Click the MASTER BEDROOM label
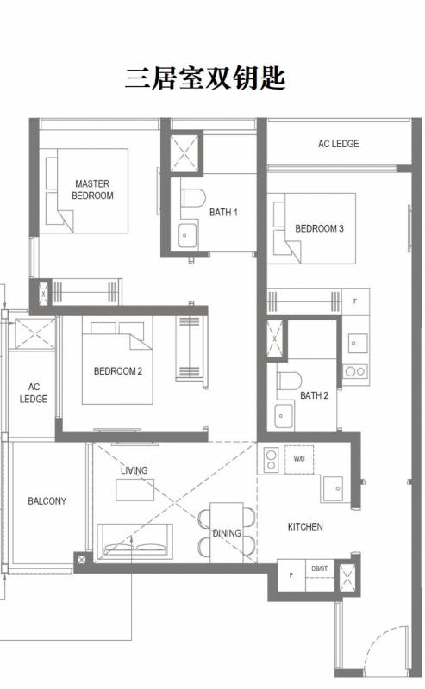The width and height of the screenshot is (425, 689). pos(92,189)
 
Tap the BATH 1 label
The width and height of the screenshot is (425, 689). pos(223,212)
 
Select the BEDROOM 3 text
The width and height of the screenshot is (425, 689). pos(320,228)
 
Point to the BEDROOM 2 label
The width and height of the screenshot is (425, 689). pos(118,371)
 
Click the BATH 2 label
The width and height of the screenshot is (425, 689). pos(314,395)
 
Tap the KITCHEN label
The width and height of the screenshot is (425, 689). pos(305,526)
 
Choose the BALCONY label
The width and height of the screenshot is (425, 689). pos(47,501)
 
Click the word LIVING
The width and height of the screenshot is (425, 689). pos(134,470)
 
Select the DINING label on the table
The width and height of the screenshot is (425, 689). pos(227,533)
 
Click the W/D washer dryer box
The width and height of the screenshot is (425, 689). pos(299,460)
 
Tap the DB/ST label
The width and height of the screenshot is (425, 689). pos(320,568)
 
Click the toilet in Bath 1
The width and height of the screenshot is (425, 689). pos(193,198)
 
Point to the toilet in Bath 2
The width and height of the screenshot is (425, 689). pos(289,381)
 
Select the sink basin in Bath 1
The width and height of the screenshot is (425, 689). pos(187,235)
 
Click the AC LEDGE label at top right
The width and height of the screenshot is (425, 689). pos(338,144)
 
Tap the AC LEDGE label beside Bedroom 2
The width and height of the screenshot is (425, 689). pos(34,393)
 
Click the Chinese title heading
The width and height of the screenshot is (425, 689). pos(205,78)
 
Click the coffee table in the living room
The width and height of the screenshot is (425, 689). pos(135,490)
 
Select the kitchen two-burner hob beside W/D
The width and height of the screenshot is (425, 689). pos(271,460)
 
